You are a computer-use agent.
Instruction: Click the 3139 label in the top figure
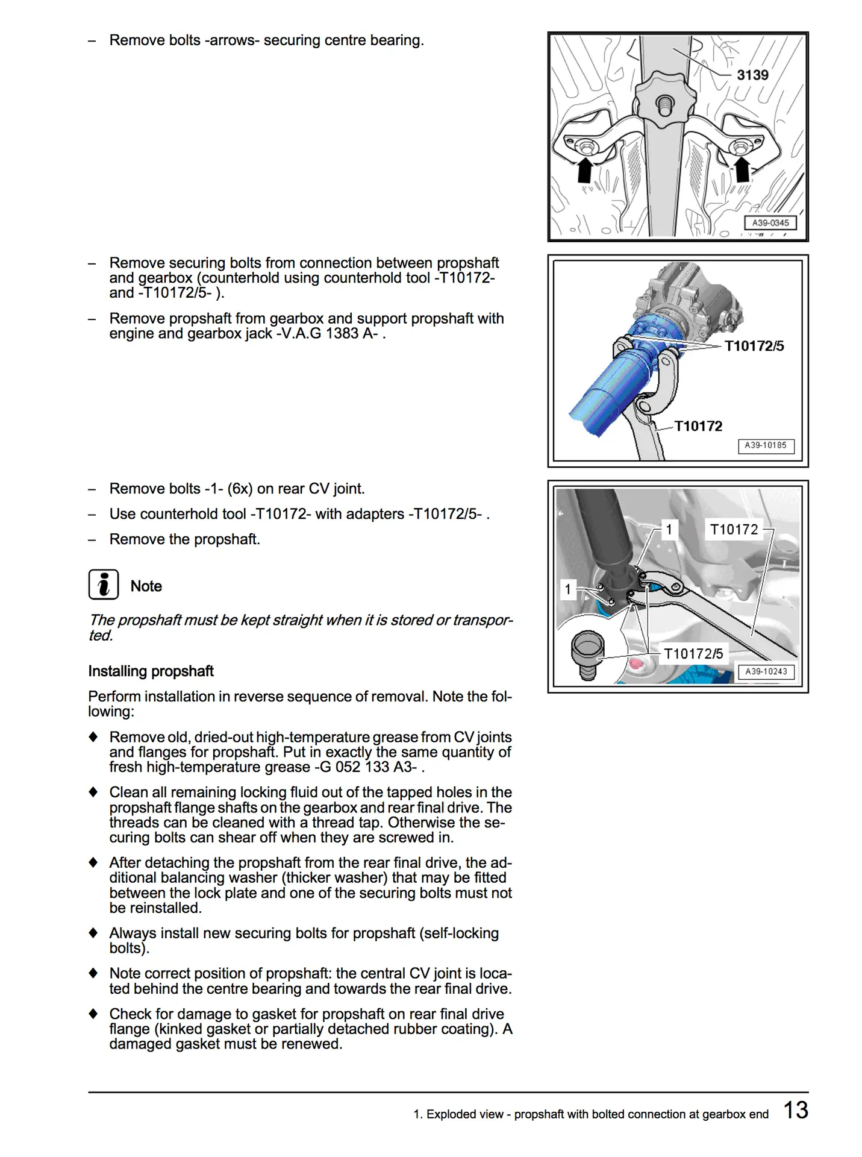pyautogui.click(x=752, y=75)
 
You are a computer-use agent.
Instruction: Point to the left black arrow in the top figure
pyautogui.click(x=584, y=170)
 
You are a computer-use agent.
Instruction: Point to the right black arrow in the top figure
pyautogui.click(x=742, y=169)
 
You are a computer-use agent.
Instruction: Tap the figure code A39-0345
pyautogui.click(x=770, y=223)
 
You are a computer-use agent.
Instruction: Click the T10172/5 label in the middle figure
pyautogui.click(x=754, y=346)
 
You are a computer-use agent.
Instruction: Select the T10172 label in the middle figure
pyautogui.click(x=698, y=426)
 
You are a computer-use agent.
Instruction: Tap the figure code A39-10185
pyautogui.click(x=766, y=446)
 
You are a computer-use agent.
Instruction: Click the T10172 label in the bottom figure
pyautogui.click(x=734, y=529)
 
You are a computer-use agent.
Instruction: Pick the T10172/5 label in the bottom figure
pyautogui.click(x=693, y=654)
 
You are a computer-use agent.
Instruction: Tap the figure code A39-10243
pyautogui.click(x=766, y=672)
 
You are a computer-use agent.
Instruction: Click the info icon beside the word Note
pyautogui.click(x=104, y=585)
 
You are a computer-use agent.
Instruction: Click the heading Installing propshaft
pyautogui.click(x=151, y=671)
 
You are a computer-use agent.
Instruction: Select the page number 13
pyautogui.click(x=796, y=1110)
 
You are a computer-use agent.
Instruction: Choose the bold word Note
pyautogui.click(x=146, y=586)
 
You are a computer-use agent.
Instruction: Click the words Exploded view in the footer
pyautogui.click(x=464, y=1114)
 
